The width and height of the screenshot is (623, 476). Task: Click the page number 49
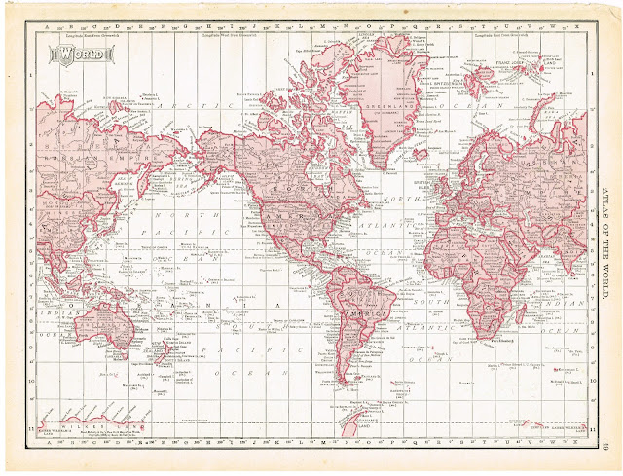(x=606, y=446)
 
